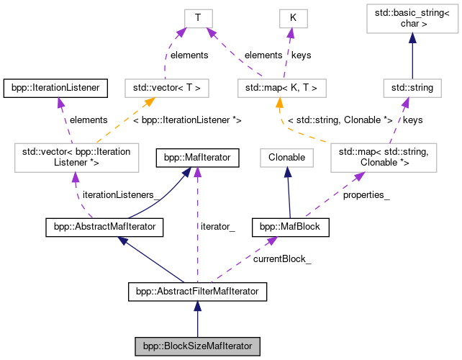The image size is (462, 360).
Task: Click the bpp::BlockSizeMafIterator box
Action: [197, 346]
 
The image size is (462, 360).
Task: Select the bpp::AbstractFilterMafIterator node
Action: [197, 292]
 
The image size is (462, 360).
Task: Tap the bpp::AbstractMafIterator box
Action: [104, 228]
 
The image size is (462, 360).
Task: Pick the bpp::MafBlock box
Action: [291, 228]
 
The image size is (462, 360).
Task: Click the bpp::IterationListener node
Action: [56, 89]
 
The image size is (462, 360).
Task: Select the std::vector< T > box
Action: [167, 89]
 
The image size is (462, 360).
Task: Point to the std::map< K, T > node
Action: [282, 89]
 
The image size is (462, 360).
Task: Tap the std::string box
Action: [412, 89]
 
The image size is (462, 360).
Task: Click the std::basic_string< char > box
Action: [412, 20]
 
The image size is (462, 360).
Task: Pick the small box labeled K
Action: [293, 17]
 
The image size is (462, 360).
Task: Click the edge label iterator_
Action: [217, 227]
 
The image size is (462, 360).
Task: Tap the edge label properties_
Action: [366, 195]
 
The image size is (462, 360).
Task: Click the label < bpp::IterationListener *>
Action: [187, 120]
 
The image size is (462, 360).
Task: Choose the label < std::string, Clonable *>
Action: [340, 120]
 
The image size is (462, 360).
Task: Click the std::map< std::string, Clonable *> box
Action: [383, 156]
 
